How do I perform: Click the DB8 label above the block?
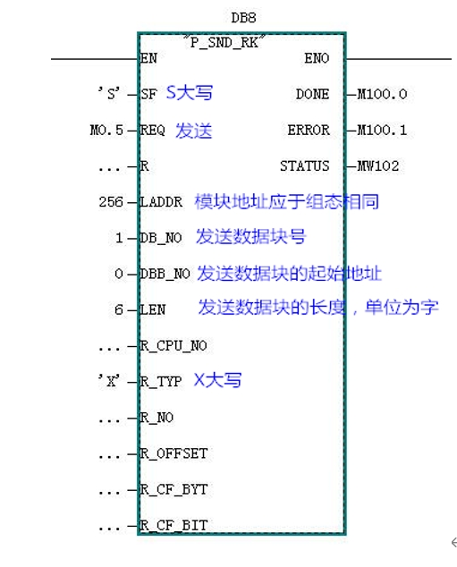pos(243,18)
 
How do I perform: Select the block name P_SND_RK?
pos(224,43)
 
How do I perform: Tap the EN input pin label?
pos(148,58)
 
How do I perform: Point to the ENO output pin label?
pos(317,58)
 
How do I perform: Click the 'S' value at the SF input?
pos(109,94)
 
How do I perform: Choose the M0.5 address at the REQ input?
pos(106,131)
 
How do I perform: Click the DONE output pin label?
pos(313,95)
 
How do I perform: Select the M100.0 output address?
pos(382,95)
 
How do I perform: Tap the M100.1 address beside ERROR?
pos(382,131)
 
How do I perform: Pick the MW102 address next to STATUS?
pos(377,166)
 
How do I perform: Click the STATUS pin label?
pos(305,166)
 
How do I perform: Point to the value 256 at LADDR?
pos(111,202)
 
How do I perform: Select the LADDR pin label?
pos(161,202)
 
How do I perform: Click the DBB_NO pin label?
pos(165,274)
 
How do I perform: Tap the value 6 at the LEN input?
pos(119,310)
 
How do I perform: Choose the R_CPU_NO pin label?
pos(173,346)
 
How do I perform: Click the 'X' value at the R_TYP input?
pos(109,381)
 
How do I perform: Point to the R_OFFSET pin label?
pos(173,453)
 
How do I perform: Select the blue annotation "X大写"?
pos(217,380)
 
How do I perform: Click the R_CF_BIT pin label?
pos(173,526)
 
